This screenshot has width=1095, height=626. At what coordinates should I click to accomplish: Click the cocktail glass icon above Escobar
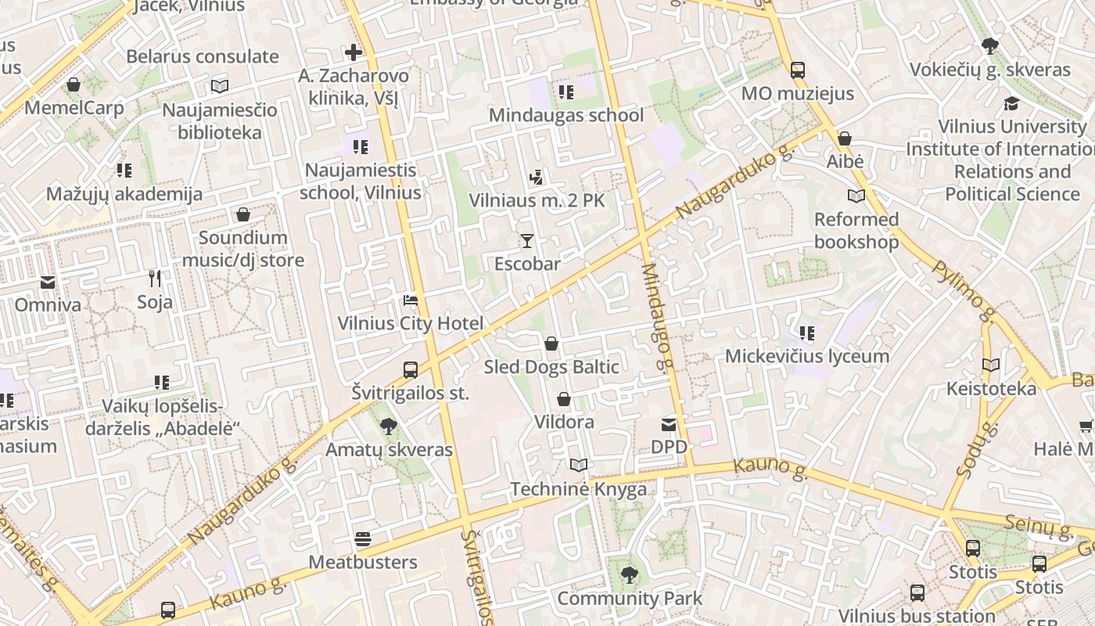coord(527,240)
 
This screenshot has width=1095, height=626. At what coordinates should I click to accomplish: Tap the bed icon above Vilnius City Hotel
coord(411,300)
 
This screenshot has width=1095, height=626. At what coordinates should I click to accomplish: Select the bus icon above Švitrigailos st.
coord(411,369)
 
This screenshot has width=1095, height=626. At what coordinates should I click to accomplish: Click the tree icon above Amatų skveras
coord(388,426)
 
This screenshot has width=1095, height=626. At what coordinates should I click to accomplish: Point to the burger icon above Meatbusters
coord(362,539)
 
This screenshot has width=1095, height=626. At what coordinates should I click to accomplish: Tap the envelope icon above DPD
coord(669,425)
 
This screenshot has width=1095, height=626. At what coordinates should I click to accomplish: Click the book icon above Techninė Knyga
coord(578,466)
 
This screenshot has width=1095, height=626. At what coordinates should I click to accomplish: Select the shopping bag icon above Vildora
coord(563,399)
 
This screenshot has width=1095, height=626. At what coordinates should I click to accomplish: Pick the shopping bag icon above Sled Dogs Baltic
coord(551,344)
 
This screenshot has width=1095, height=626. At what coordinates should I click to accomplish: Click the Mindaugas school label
coord(566,115)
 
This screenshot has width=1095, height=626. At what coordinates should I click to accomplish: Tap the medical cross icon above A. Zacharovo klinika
coord(354,52)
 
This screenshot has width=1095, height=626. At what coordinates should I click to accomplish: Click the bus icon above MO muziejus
coord(797,70)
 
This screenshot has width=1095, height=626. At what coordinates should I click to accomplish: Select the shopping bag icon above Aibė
coord(845,139)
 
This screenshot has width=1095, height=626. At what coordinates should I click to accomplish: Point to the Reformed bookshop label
coord(856,230)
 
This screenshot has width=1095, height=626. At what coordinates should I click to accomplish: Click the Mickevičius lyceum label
coord(806,356)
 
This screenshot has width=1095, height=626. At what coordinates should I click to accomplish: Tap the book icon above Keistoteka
coord(991,365)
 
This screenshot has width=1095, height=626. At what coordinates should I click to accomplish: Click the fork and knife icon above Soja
coord(155,278)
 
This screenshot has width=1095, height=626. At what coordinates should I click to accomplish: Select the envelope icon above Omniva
coord(48,282)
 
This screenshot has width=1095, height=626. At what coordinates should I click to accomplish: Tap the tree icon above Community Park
coord(629,576)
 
